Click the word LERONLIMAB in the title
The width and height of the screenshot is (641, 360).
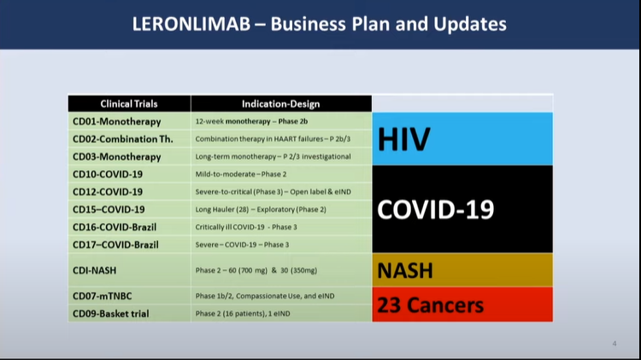(x=191, y=24)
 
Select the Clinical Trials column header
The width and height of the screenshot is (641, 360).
(x=129, y=104)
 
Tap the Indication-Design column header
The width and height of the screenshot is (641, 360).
(x=281, y=104)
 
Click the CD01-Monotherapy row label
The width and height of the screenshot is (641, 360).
(x=116, y=121)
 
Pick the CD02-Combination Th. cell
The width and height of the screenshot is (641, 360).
(x=122, y=139)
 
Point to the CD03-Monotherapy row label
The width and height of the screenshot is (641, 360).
(x=116, y=156)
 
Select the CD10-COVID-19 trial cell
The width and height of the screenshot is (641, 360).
(x=108, y=174)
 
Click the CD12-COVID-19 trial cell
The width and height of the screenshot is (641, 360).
(x=108, y=192)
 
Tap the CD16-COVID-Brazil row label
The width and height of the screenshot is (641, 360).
(x=115, y=227)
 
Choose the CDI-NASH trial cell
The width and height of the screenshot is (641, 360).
(x=94, y=270)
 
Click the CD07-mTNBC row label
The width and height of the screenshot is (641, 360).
(x=103, y=296)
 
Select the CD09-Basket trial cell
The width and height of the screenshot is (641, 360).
(x=111, y=314)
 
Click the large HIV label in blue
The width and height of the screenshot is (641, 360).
(x=404, y=139)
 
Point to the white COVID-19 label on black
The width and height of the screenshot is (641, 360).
(x=435, y=210)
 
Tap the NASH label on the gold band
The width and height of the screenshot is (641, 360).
(x=405, y=270)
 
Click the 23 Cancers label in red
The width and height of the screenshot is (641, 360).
(x=430, y=305)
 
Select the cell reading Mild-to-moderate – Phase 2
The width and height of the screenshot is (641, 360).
(x=241, y=174)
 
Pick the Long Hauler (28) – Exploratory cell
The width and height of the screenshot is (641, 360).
(x=261, y=210)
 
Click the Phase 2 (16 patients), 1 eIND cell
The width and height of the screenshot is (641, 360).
(x=243, y=314)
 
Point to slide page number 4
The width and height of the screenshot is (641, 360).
(x=615, y=344)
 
